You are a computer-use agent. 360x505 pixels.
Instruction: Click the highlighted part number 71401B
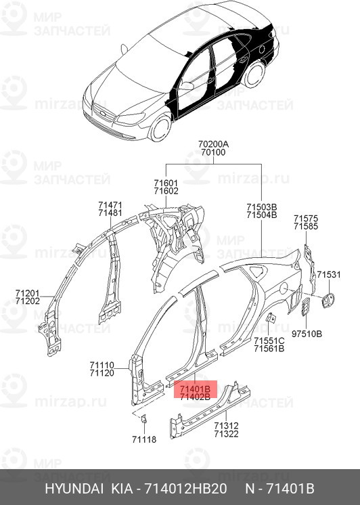point(195,389)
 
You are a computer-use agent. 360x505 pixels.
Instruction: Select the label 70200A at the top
point(214,144)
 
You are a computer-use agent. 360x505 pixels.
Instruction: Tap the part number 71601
point(166,183)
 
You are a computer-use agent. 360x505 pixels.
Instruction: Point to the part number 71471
point(110,204)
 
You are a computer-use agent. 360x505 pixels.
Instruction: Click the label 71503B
point(261,206)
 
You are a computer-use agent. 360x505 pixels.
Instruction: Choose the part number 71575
point(305,218)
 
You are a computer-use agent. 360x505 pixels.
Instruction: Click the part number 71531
point(330,274)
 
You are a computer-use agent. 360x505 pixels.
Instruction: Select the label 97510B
point(307,334)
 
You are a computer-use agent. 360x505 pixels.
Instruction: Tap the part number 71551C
point(269,340)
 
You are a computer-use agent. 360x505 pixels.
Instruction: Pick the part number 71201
point(28,293)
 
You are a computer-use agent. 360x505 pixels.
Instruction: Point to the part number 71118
point(143,439)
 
